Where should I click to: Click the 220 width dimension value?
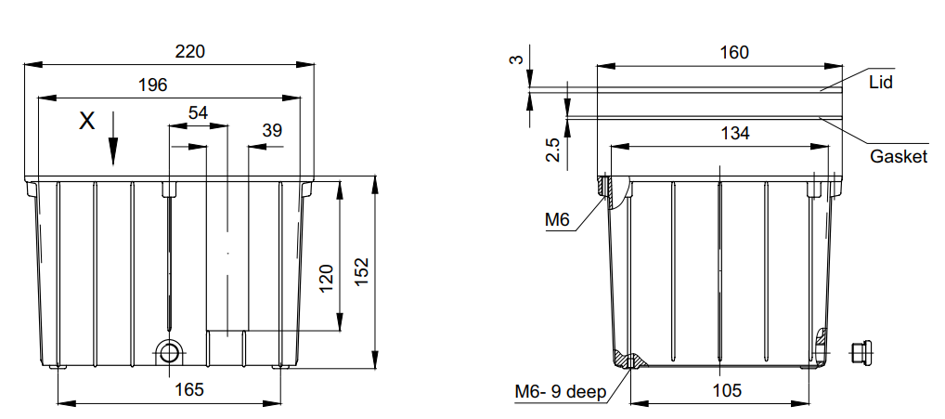190,52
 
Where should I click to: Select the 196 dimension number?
152,85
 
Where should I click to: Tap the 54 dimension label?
198,112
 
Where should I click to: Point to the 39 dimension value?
272,130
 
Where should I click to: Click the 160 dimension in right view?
733,52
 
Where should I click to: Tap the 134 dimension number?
735,133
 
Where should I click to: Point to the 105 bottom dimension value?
728,390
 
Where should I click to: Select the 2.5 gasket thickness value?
552,150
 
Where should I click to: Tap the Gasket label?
898,157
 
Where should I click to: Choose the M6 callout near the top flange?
556,219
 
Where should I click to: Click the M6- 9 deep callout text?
560,391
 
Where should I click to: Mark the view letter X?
86,121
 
